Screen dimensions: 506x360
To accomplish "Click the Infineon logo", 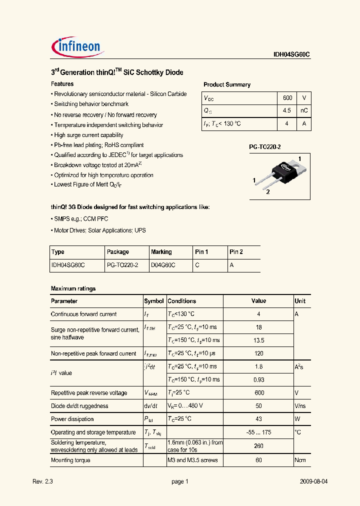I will coord(77,47).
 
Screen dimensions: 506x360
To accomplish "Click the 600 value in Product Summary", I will coord(287,98).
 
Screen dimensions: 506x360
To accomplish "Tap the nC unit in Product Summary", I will coord(303,111).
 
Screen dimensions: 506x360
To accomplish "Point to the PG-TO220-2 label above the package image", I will coord(265,147).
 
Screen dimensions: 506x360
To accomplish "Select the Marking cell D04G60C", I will coord(163,265).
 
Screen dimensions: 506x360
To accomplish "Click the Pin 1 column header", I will coord(201,252).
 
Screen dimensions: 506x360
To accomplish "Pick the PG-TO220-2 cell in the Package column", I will coord(122,265).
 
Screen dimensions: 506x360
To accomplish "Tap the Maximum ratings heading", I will coord(73,288).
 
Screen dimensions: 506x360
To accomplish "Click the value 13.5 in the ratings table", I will coord(258,340).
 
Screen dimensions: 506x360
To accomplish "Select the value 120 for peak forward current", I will coord(258,353).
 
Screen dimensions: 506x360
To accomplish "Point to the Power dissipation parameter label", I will coord(72,419).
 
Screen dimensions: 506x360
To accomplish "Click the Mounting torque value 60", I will coord(258,460).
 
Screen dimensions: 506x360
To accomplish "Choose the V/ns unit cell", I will coord(300,406).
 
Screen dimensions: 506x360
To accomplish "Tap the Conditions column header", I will coord(181,301).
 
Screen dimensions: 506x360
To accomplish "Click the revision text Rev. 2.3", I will coord(42,481).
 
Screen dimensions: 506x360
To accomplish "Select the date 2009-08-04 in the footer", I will coord(313,481).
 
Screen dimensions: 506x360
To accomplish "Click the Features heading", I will coord(62,84).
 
